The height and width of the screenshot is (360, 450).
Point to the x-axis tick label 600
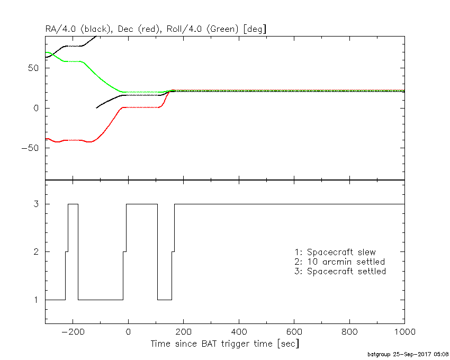click(294, 332)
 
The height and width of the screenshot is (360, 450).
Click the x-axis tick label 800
click(349, 332)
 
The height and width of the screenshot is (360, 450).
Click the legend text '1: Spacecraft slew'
click(335, 251)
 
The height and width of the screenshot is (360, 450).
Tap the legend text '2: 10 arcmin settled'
click(339, 262)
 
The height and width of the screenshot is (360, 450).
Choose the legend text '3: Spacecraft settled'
click(340, 272)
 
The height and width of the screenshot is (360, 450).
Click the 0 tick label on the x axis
click(128, 332)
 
